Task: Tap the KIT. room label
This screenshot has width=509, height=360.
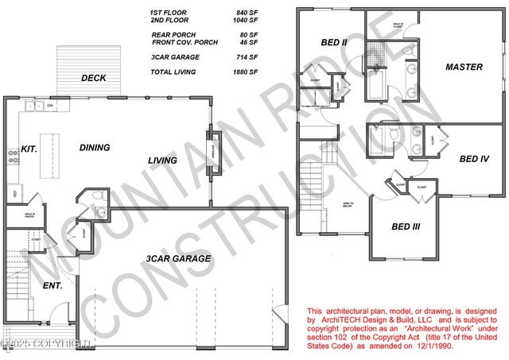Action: coord(29,149)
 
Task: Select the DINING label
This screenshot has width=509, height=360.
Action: coord(95,147)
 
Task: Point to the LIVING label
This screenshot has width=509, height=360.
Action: coord(162,161)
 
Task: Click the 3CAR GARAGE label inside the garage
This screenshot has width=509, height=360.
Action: coord(178,258)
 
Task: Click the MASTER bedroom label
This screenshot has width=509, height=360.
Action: coord(464,67)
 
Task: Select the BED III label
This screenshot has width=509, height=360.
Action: coord(406,226)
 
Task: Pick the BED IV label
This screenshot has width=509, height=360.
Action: coord(473,159)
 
